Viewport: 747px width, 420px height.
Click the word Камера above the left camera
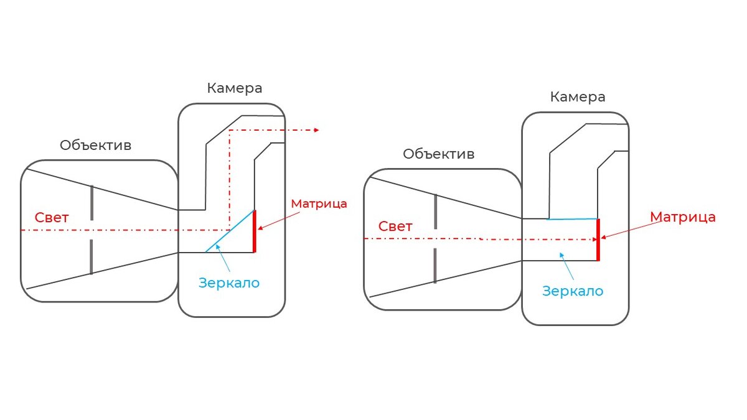click(x=235, y=88)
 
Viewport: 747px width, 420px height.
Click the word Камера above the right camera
click(x=578, y=97)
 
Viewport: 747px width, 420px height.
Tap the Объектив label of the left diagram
click(x=96, y=145)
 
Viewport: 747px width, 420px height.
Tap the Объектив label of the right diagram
click(x=439, y=154)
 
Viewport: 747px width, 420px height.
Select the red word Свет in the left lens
click(x=52, y=218)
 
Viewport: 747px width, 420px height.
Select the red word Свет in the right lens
click(x=395, y=226)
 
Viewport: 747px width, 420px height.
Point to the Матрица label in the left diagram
click(x=319, y=203)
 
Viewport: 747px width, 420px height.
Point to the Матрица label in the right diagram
click(x=683, y=217)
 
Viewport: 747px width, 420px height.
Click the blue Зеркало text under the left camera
click(x=229, y=282)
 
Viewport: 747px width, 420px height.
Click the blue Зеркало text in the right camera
click(x=573, y=291)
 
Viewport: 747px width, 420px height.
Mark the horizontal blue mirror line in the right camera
click(x=572, y=219)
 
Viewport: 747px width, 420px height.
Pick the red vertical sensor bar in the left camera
click(x=255, y=231)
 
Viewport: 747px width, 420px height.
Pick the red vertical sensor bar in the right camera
click(x=598, y=240)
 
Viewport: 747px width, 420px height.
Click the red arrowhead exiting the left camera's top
click(x=316, y=130)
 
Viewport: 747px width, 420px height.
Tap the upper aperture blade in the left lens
click(x=92, y=203)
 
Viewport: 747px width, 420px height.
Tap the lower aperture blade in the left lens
click(x=92, y=256)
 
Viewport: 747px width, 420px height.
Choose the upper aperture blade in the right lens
click(x=435, y=212)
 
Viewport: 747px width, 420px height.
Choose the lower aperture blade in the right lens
click(x=435, y=266)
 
